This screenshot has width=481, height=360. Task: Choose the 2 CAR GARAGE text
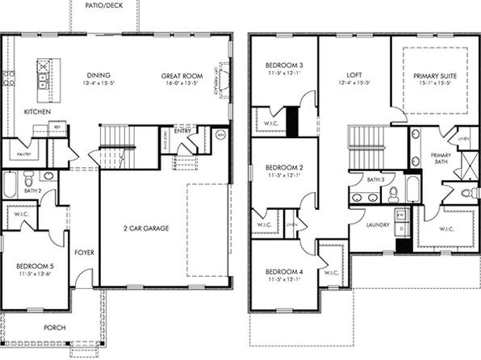click(146, 228)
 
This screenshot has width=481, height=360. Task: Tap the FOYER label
click(85, 253)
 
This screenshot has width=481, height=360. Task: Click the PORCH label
click(55, 327)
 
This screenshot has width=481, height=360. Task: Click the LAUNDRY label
click(378, 224)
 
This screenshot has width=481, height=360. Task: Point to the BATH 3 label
click(375, 179)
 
